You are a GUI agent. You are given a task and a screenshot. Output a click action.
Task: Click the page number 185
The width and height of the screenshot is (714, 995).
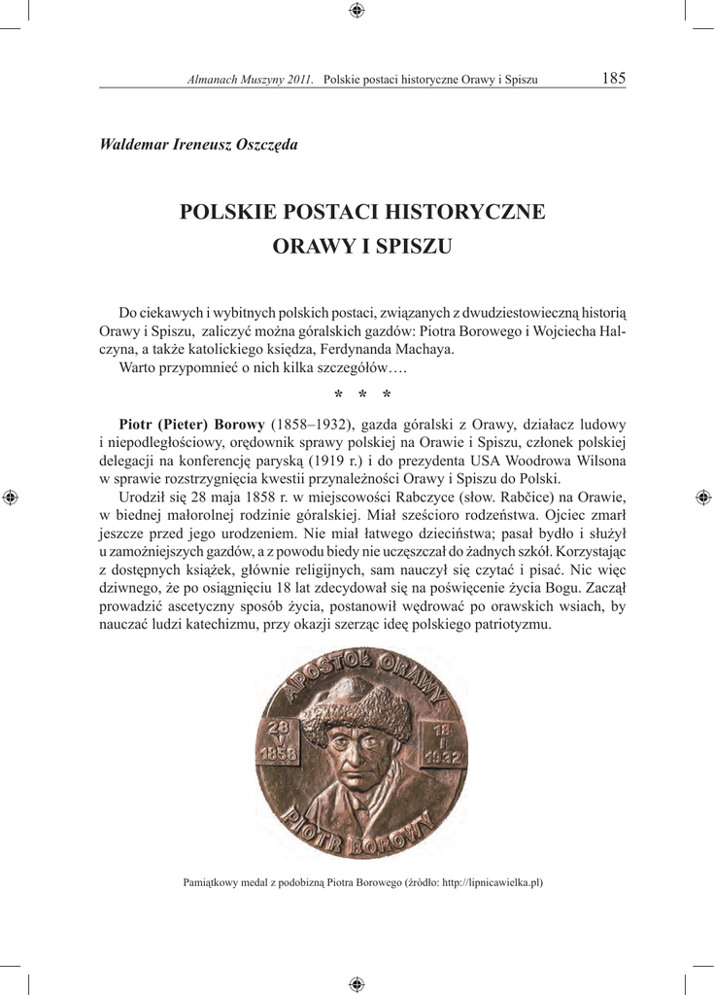point(614,78)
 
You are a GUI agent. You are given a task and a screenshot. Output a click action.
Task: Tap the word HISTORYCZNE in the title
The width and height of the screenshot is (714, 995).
point(465,211)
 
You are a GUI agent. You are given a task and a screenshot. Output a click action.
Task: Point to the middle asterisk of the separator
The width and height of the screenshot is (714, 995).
point(362,395)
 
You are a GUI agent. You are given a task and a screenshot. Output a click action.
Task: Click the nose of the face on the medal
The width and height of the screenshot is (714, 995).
point(356,756)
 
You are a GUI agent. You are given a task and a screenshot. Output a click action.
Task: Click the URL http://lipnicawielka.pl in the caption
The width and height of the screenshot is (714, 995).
point(491,882)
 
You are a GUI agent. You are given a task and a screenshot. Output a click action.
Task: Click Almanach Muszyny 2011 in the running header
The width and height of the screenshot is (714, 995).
point(250,79)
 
